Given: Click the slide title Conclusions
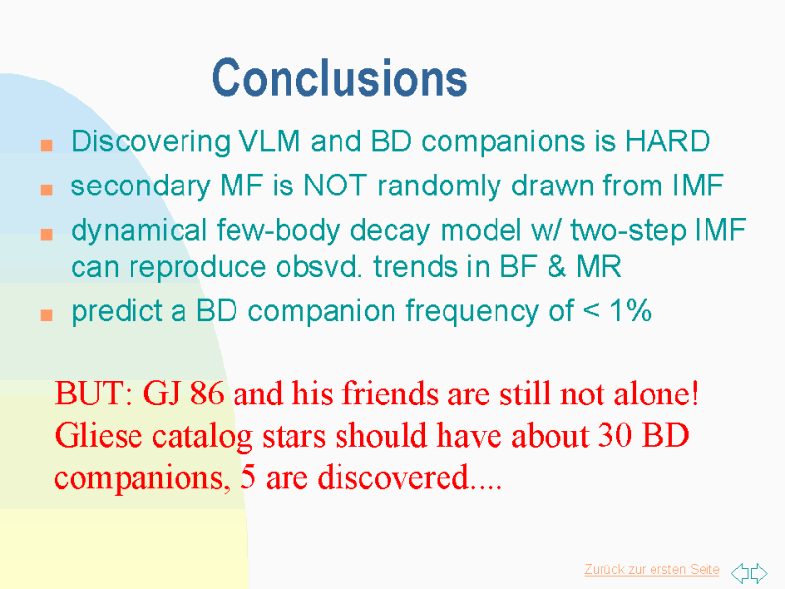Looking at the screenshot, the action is point(340,78).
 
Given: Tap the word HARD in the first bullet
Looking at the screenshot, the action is point(668,140).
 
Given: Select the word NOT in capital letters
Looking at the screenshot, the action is point(335,186).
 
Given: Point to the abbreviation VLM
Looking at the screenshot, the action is point(270,140).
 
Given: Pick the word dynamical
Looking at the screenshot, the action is point(138,231).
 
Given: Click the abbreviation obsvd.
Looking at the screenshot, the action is point(319,266).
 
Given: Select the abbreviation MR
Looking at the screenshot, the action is point(600,266).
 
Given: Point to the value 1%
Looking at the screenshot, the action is point(630,310).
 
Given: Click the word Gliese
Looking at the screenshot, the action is point(99,435).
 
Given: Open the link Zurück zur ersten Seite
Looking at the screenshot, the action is point(652,570).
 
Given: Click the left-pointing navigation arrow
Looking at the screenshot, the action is point(740,572).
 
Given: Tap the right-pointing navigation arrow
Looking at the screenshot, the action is point(759,572).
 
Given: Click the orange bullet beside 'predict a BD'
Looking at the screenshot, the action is point(46,314).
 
